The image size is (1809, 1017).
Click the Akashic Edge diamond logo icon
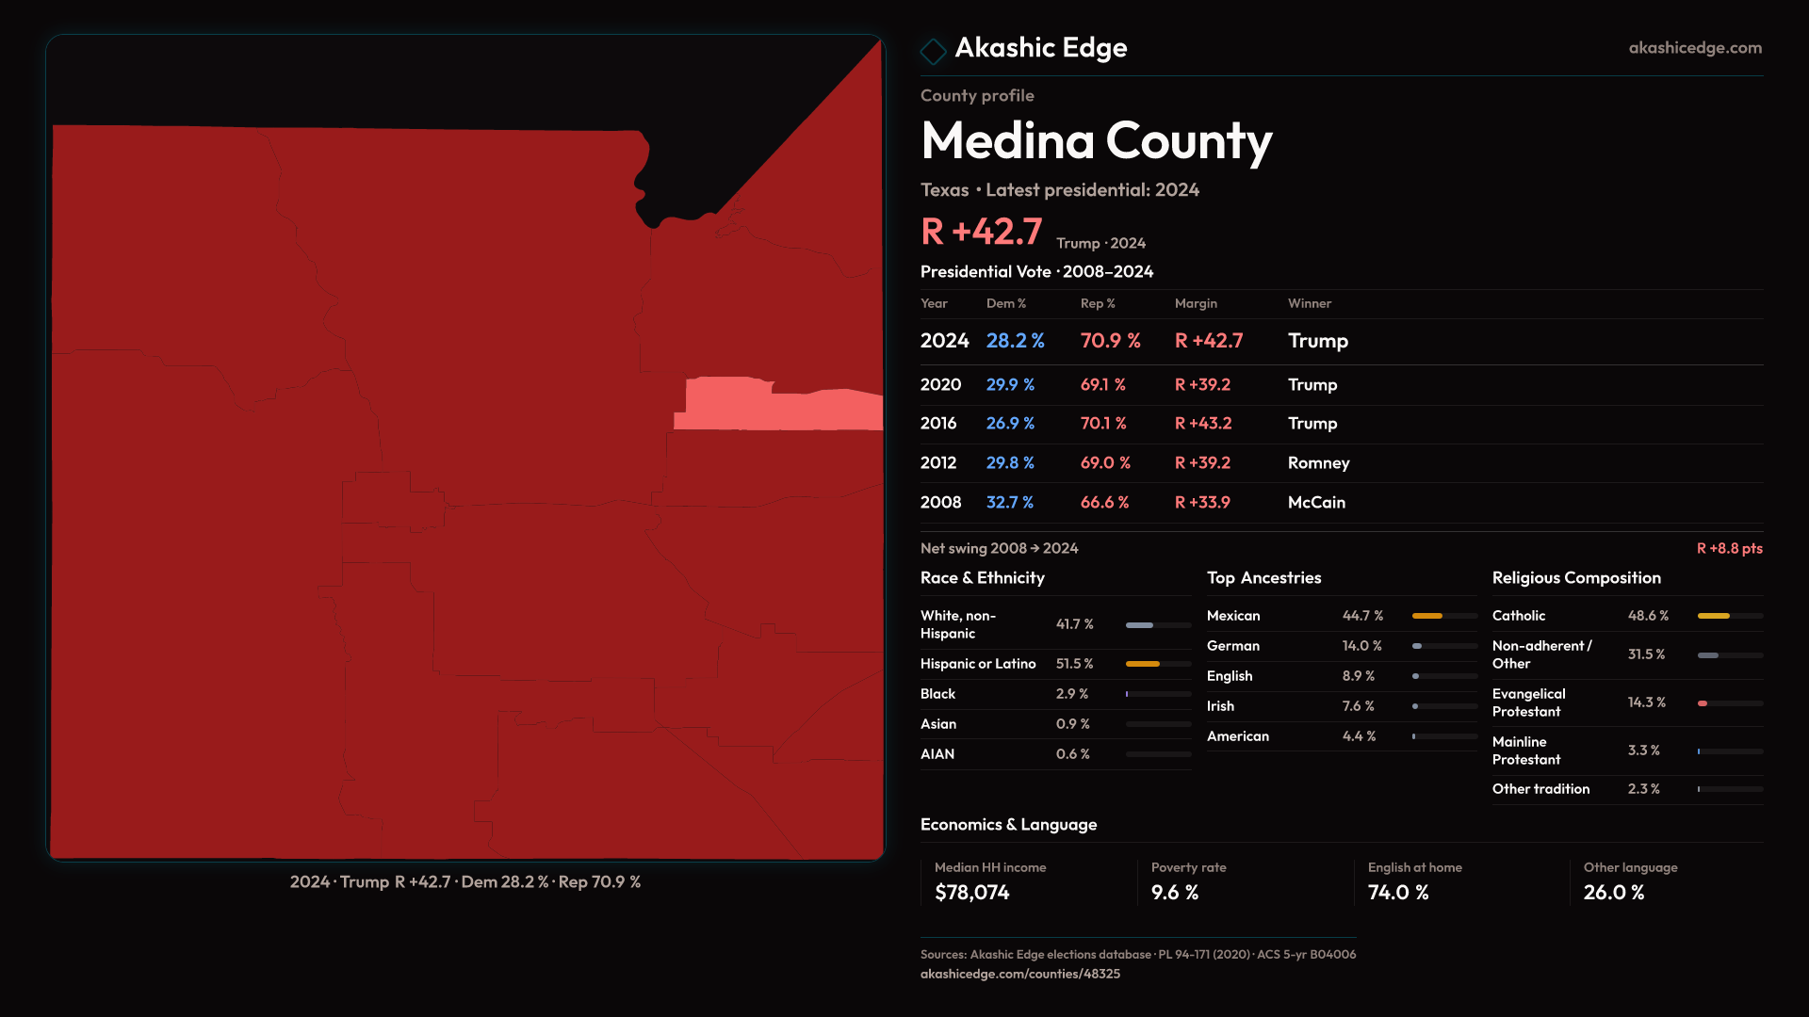click(x=933, y=51)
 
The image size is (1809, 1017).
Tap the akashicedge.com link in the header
click(x=1694, y=48)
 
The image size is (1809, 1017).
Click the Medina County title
click(x=1096, y=141)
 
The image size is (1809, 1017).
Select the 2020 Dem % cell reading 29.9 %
click(x=1010, y=385)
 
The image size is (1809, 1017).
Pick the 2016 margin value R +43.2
click(x=1202, y=424)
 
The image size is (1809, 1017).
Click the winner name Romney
click(x=1318, y=463)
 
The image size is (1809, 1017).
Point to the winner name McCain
click(x=1316, y=503)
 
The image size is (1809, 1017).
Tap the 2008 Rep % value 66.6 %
click(x=1104, y=503)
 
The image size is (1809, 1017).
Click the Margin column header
click(x=1196, y=303)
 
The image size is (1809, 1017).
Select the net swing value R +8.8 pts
click(x=1729, y=549)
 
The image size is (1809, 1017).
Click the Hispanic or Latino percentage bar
click(x=1158, y=664)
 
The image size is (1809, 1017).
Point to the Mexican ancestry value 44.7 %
click(x=1362, y=616)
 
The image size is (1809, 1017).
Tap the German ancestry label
click(x=1232, y=646)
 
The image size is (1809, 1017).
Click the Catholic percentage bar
click(x=1729, y=616)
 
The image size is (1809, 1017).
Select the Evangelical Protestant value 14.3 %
click(x=1646, y=702)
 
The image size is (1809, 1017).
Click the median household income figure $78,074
click(x=971, y=893)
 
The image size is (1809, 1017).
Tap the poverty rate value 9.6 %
click(x=1174, y=893)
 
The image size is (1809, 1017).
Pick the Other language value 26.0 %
click(x=1613, y=893)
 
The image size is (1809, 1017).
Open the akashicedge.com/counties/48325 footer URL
click(x=1019, y=974)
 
